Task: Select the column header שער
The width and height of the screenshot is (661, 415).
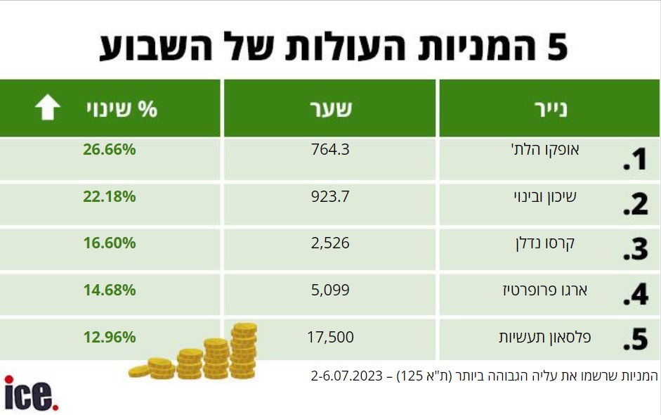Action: tap(331, 109)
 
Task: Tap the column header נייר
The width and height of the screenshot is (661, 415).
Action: tap(551, 109)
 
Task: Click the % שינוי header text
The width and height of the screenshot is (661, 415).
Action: tap(122, 109)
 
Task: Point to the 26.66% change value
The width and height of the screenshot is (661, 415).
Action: tap(109, 149)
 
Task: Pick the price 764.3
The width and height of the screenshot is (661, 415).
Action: tap(330, 149)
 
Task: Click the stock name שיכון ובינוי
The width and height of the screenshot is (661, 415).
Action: tap(545, 197)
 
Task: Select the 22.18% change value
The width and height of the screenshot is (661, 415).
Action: tap(109, 196)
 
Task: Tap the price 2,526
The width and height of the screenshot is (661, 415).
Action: tap(330, 243)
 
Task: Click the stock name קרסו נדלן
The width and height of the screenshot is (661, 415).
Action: tap(545, 243)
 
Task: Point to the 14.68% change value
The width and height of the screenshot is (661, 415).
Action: tap(109, 290)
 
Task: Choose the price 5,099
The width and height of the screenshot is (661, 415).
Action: tap(330, 290)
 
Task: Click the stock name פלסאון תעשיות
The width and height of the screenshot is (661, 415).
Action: tap(545, 337)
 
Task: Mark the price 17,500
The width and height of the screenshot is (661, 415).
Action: tap(330, 337)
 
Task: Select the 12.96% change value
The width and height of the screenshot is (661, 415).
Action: tap(109, 337)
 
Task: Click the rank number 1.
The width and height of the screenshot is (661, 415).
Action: tap(635, 160)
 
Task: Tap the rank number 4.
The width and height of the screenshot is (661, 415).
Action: tap(635, 294)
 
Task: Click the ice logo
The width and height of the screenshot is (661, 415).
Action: tap(31, 393)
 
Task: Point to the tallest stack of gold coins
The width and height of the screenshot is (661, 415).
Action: tap(244, 350)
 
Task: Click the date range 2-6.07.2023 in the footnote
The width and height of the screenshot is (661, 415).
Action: tap(346, 376)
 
